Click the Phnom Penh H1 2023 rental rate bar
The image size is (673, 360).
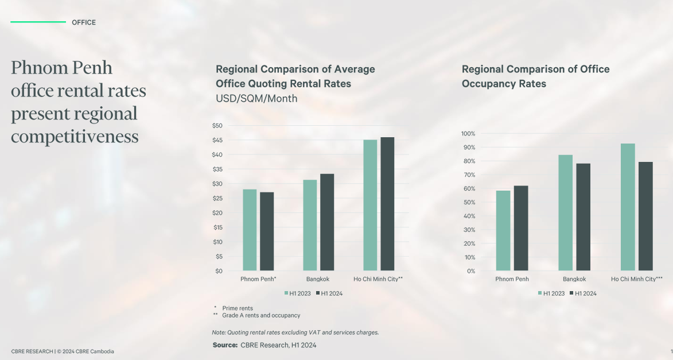coord(250,230)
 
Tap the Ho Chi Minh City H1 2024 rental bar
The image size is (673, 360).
coord(387,204)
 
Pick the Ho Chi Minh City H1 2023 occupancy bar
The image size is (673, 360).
coord(628,207)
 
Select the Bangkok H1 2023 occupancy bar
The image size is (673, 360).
coord(566,212)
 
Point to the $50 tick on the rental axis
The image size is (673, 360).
coord(217,126)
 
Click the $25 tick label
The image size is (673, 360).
coord(217,198)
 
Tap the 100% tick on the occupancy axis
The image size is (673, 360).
coord(468,134)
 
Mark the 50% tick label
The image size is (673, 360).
coord(469,202)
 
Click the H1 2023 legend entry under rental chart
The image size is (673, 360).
coord(299,293)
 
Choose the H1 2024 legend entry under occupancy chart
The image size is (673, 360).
coord(582,293)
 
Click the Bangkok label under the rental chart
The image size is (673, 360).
coord(318,279)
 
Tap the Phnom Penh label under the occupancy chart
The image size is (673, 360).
coord(512,279)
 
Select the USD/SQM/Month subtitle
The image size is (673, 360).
coord(256,99)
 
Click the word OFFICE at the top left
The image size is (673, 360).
coord(84,22)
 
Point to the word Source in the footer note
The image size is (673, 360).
coord(225,345)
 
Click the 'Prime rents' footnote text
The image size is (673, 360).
coord(238,308)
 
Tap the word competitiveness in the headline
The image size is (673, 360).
coord(75,137)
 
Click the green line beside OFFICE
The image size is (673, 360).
coord(38,22)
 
